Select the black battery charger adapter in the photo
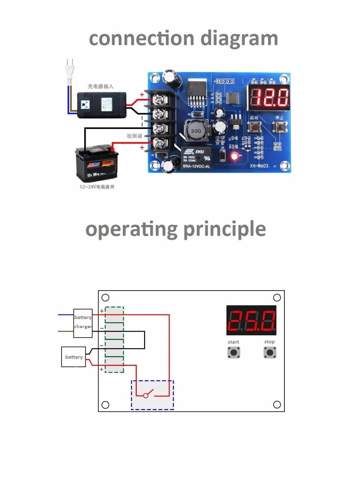pyautogui.click(x=102, y=105)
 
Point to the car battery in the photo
pyautogui.click(x=97, y=164)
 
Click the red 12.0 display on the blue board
pyautogui.click(x=269, y=97)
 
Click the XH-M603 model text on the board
pyautogui.click(x=259, y=166)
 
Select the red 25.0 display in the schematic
pyautogui.click(x=251, y=320)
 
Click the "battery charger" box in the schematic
pyautogui.click(x=83, y=323)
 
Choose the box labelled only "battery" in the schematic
pyautogui.click(x=73, y=357)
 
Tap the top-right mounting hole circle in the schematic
pyautogui.click(x=277, y=297)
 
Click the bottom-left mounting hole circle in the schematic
pyautogui.click(x=105, y=405)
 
